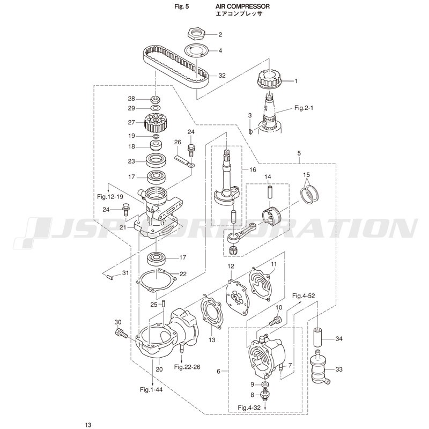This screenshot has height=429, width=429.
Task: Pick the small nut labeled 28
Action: pos(156,99)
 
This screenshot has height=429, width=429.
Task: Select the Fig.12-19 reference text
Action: pos(110,197)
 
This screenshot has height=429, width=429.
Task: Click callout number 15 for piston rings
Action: pos(306,175)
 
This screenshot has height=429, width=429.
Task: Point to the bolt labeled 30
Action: pos(120,333)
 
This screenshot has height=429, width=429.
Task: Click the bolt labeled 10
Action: pos(275,321)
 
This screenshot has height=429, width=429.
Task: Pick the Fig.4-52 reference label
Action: pos(305,295)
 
